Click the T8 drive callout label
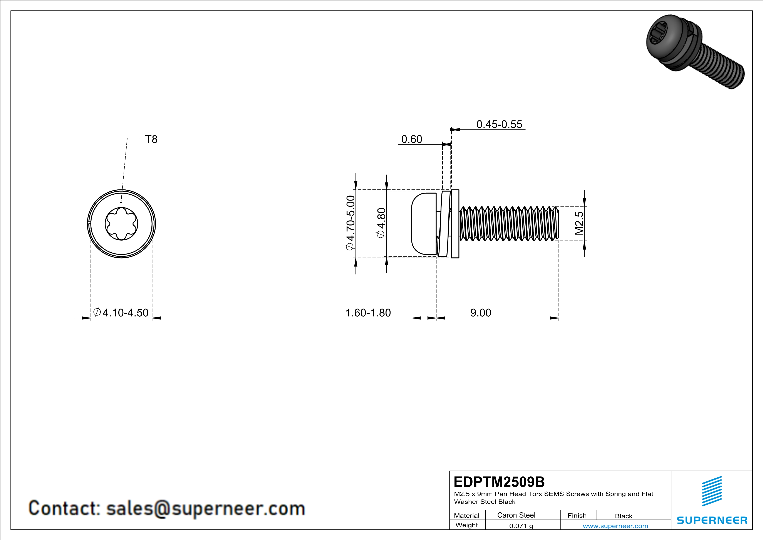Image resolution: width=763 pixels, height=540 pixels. pyautogui.click(x=151, y=139)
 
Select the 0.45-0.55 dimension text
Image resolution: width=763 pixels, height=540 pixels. pyautogui.click(x=499, y=124)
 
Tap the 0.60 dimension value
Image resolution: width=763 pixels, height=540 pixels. pyautogui.click(x=411, y=139)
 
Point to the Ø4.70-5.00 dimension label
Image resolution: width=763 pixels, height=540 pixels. pyautogui.click(x=350, y=223)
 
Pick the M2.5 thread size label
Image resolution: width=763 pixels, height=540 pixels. pyautogui.click(x=579, y=223)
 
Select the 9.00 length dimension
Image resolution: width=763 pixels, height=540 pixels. pyautogui.click(x=481, y=313)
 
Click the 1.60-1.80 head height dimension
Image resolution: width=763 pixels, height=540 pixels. pyautogui.click(x=368, y=313)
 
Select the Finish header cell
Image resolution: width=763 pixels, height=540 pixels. pyautogui.click(x=577, y=515)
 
